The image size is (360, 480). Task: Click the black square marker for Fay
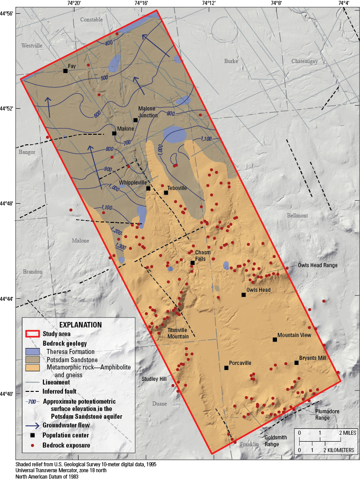tap(65, 71)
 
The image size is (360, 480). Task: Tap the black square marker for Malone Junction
tap(136, 120)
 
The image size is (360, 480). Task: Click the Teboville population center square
tap(166, 193)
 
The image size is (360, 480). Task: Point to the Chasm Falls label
tap(203, 255)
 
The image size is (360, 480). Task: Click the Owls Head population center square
tap(244, 295)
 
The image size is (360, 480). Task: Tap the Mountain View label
tap(294, 335)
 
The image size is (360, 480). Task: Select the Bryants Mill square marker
tap(296, 363)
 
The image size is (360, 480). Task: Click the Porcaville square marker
tap(226, 368)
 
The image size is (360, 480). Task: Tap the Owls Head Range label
tap(318, 265)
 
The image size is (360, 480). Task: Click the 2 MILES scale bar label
tap(345, 433)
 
